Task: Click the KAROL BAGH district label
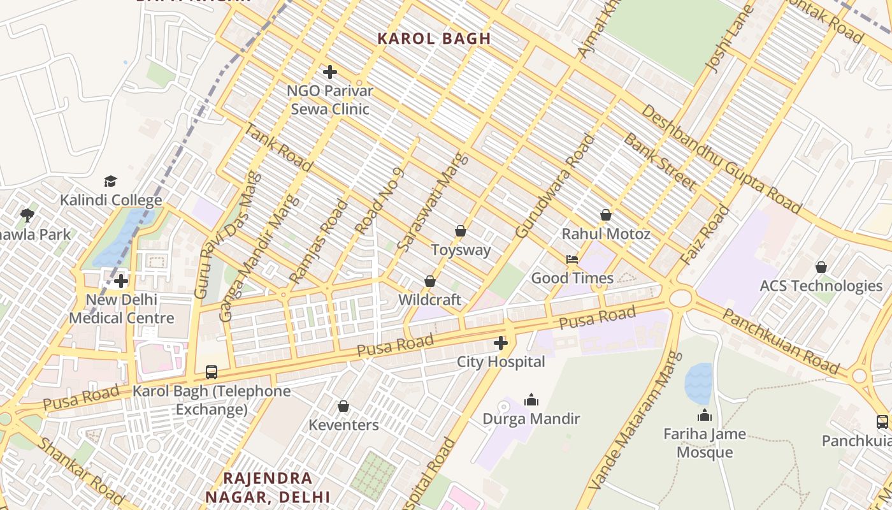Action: click(434, 38)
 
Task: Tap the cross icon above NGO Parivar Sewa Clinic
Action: click(330, 72)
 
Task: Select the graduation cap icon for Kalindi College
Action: click(111, 182)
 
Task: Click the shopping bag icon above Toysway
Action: click(461, 231)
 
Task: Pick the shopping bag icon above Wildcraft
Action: click(430, 281)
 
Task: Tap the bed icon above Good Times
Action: click(572, 259)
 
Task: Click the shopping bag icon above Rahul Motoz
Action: click(606, 215)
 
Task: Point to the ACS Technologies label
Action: click(821, 286)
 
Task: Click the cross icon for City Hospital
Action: click(501, 344)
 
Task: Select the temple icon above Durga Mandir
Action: click(531, 400)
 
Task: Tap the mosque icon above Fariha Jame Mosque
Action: click(704, 416)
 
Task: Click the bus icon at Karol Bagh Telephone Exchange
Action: click(211, 372)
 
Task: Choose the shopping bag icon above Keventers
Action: click(343, 406)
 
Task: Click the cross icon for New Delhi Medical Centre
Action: click(121, 281)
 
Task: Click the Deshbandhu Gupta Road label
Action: click(721, 159)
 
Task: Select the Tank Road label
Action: click(279, 148)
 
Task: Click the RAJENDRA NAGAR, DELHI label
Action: click(268, 487)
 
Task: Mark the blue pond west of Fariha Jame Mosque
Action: click(698, 382)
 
